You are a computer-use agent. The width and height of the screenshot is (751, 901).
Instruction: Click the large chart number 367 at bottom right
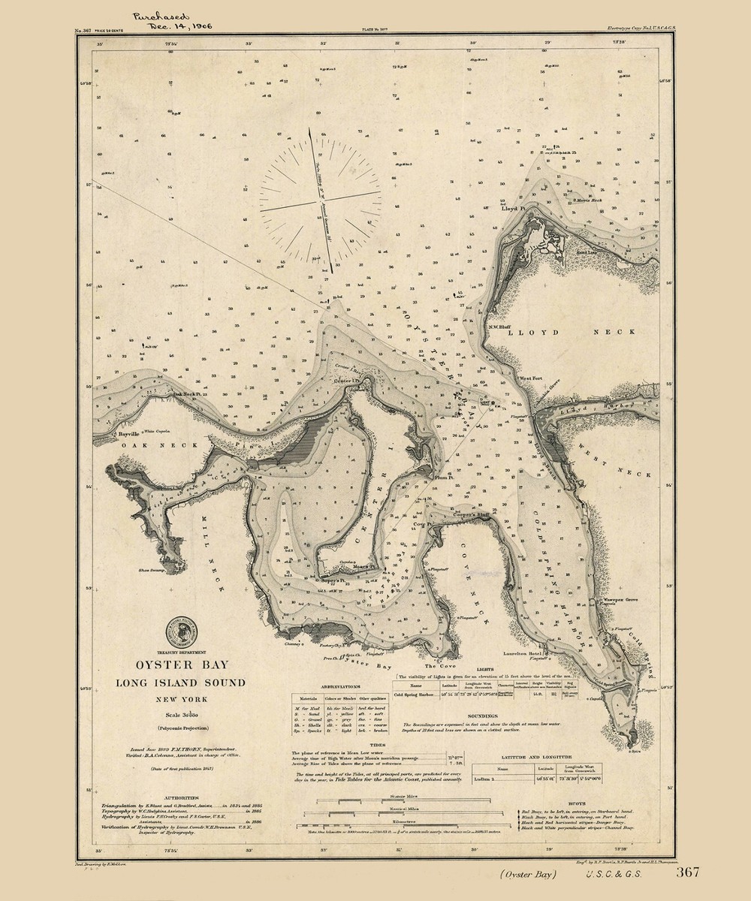pyautogui.click(x=688, y=872)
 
